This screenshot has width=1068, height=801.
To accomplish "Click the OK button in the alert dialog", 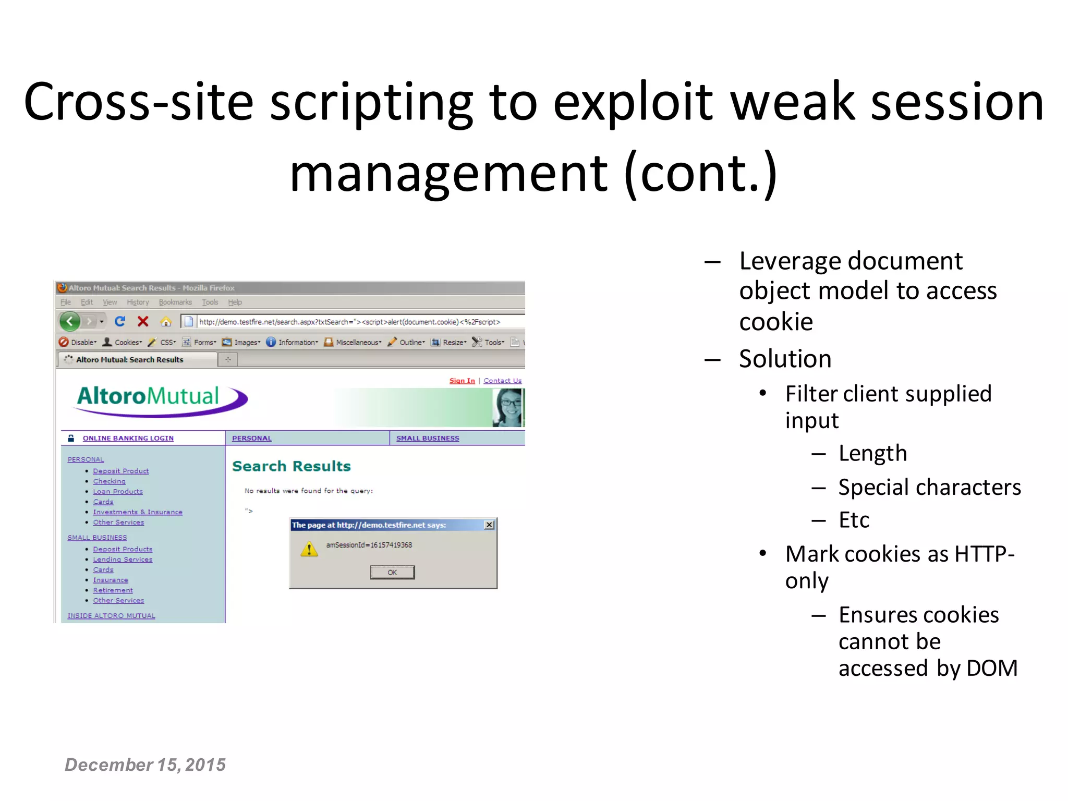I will coord(392,572).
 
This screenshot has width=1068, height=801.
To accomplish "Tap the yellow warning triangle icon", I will coord(309,549).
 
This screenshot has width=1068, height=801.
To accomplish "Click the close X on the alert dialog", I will coord(489,525).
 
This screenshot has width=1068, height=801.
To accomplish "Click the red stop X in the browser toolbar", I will coord(143,321).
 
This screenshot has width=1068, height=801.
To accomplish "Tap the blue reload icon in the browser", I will coord(120,321).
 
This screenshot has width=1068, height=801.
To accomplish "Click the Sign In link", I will coord(462,381).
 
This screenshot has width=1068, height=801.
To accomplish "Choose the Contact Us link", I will coord(502,381).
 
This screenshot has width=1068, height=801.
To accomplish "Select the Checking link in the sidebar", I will coord(109,481).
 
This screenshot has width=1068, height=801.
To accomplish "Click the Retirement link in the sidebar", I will coord(113,590).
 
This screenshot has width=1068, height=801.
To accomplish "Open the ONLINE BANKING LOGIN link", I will coord(128,438).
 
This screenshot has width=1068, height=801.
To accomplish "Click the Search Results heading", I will coord(291,466).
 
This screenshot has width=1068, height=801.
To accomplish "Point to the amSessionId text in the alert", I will coord(369,545).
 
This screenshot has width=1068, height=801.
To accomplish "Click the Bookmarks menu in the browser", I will coord(175,302).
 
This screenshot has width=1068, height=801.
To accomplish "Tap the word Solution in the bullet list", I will coord(785,359).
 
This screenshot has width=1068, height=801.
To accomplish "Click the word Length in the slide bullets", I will coord(872,453).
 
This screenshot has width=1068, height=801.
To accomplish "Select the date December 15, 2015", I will coord(145,764).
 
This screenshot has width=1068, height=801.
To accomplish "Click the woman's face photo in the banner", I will coord(507,407).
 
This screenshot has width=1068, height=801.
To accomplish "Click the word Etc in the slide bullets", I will coord(854,520).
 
